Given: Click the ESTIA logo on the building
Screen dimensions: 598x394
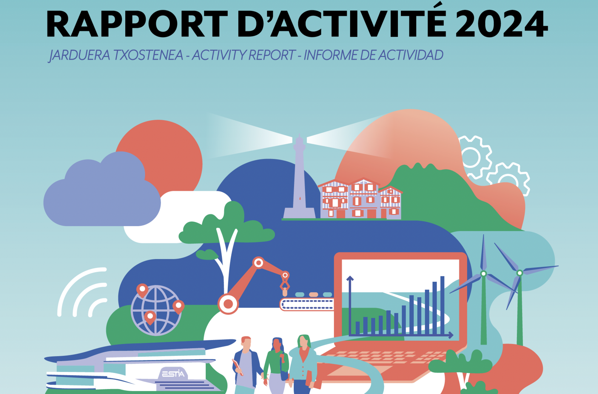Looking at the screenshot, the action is pyautogui.click(x=173, y=374).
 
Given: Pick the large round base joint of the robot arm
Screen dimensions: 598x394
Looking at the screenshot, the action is pyautogui.click(x=228, y=304).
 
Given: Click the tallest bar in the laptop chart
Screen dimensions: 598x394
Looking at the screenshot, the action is pyautogui.click(x=442, y=305).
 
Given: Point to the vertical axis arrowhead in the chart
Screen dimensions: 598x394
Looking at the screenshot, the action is pyautogui.click(x=350, y=278).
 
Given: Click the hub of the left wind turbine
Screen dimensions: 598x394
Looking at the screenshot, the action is pyautogui.click(x=484, y=274).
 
